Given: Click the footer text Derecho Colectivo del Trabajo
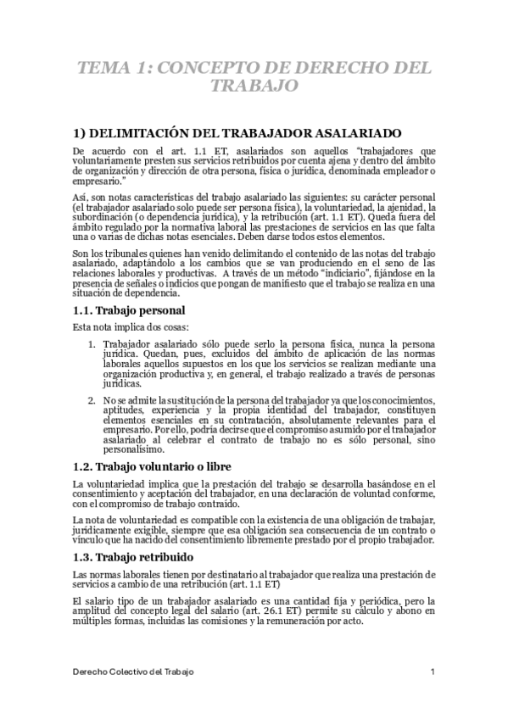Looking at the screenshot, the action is [x=132, y=672].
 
